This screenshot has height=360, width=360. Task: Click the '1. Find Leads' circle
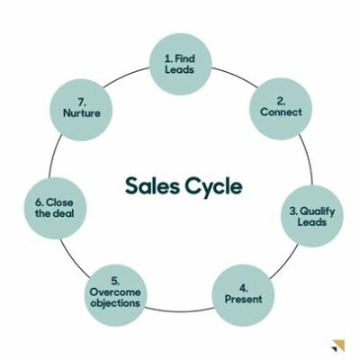[x=181, y=64]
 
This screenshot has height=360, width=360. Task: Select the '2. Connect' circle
[x=281, y=109]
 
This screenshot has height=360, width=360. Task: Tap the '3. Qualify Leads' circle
[x=312, y=216]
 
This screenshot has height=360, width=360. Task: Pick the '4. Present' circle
[x=243, y=295]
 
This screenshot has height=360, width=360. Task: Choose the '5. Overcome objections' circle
[x=115, y=295]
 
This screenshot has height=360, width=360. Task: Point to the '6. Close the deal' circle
[x=55, y=208]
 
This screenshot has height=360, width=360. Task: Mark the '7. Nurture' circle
[x=81, y=110]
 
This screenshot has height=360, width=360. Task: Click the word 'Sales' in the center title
[x=152, y=185]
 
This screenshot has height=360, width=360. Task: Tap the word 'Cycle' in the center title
[x=213, y=187]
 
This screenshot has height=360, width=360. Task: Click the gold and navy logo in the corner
[x=338, y=346]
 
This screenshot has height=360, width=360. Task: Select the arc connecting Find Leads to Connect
[x=235, y=76]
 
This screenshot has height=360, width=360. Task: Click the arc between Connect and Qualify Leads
[x=308, y=158]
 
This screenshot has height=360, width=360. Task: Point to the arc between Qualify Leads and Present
[x=285, y=262]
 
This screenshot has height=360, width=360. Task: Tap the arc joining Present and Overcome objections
[x=179, y=310]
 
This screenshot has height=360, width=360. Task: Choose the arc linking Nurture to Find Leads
[x=125, y=76]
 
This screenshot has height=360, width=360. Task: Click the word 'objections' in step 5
[x=115, y=303]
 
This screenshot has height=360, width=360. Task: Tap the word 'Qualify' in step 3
[x=318, y=211]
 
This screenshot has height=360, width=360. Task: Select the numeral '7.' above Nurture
[x=82, y=102]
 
